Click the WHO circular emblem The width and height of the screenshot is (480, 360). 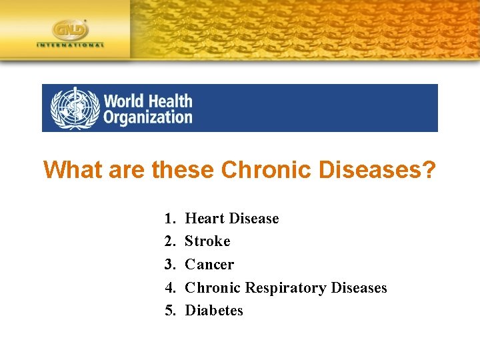coord(74,108)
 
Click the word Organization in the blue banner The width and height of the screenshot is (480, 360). coord(147,117)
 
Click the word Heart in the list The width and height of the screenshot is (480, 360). coord(205,219)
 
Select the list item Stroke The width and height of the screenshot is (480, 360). coord(207,241)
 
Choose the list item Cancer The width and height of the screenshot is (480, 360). coord(209,265)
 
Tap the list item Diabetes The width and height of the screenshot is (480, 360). coord(214,311)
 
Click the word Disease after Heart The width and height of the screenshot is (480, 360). coord(254,219)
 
